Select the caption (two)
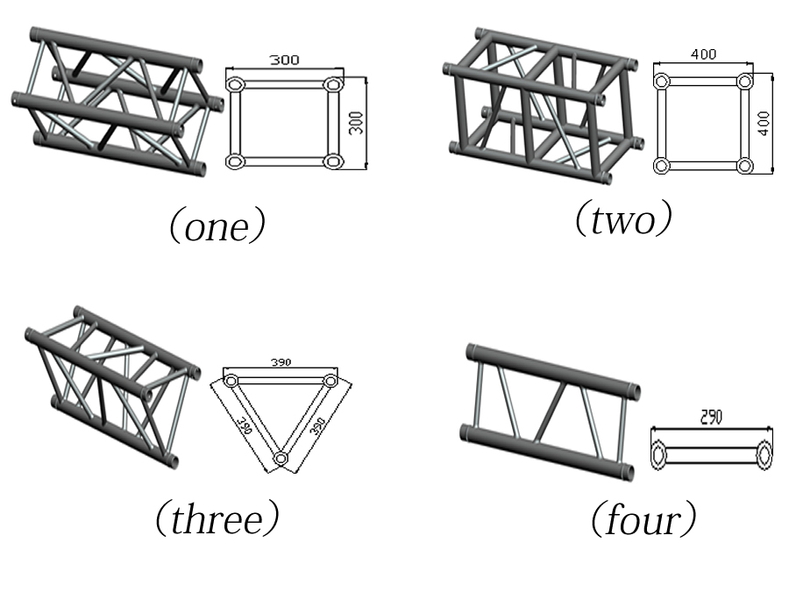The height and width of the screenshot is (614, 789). (x=623, y=219)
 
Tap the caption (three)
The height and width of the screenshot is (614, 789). (x=217, y=519)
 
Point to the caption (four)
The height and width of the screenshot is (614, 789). (x=643, y=520)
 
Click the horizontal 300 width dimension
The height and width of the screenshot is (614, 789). (x=284, y=61)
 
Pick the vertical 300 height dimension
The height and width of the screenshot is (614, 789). (x=356, y=122)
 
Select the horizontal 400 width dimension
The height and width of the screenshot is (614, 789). (x=703, y=54)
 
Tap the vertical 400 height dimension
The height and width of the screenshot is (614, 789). (x=764, y=122)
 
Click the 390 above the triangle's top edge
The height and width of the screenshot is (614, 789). (x=280, y=361)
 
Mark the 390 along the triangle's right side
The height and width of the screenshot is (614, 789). (x=317, y=428)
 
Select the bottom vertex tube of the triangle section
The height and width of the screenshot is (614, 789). (x=281, y=459)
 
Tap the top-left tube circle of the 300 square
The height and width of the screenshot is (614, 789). (x=236, y=85)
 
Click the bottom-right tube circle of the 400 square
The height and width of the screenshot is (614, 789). (x=744, y=165)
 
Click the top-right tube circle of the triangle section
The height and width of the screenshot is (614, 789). (x=330, y=382)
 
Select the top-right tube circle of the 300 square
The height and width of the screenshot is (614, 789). (x=332, y=85)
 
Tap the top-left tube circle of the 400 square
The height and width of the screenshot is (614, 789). (x=662, y=82)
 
